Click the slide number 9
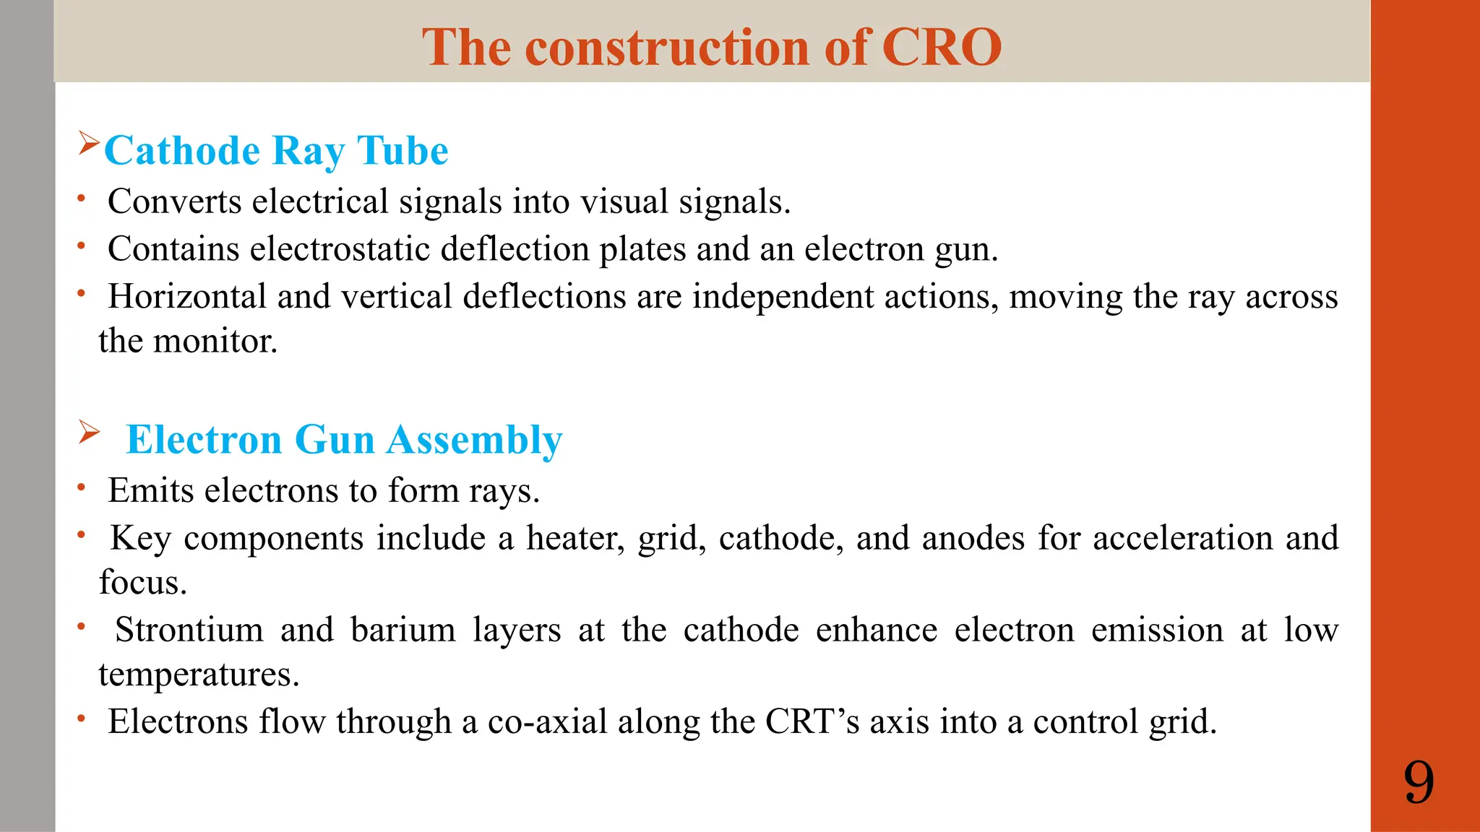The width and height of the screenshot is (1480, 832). pos(1419,783)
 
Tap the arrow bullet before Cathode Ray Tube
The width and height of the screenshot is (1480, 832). pos(88,143)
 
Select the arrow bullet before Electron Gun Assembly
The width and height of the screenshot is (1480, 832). pos(89,433)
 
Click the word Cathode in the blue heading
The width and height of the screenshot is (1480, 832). pos(182,151)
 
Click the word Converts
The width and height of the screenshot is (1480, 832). pos(174,201)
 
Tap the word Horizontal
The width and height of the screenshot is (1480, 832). pos(187,297)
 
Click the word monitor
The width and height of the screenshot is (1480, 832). pos(215,342)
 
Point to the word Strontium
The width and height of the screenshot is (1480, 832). pos(189,630)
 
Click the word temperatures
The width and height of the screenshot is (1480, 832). pos(198,675)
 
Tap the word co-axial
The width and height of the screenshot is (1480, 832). pos(547,721)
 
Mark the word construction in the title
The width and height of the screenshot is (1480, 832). pos(668,48)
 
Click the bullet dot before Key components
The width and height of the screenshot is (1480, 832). pos(82,536)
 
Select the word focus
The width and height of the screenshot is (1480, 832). pos(142,583)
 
